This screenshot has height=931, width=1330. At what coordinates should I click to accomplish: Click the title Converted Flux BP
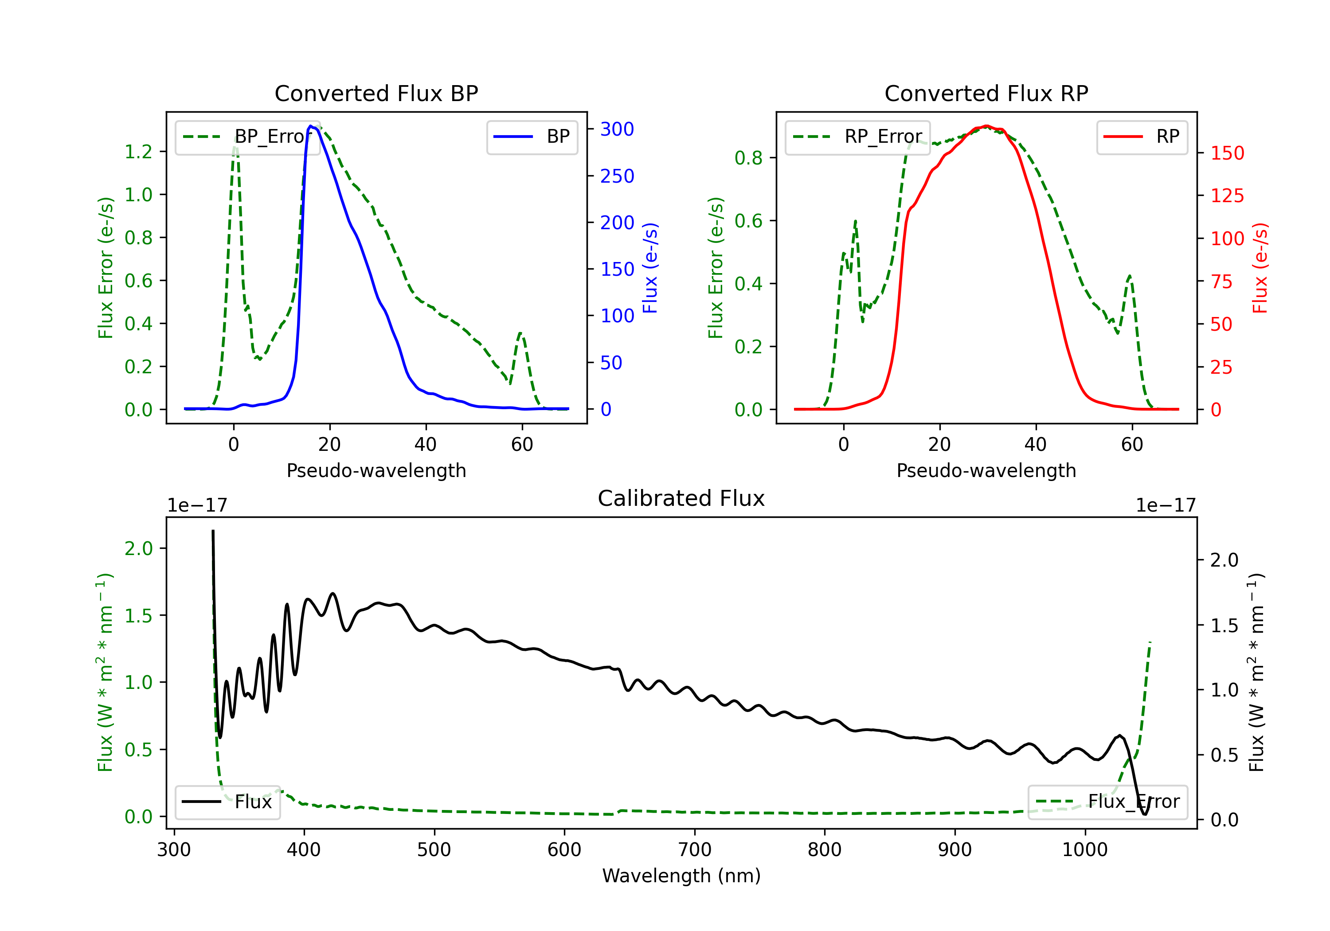pyautogui.click(x=376, y=93)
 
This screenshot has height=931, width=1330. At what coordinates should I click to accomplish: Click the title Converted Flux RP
pyautogui.click(x=986, y=93)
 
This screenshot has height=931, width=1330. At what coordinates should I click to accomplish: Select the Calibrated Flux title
pyautogui.click(x=681, y=498)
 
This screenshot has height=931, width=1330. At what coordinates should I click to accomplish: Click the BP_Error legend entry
pyautogui.click(x=247, y=137)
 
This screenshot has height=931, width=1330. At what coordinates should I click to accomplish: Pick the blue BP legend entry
pyautogui.click(x=532, y=137)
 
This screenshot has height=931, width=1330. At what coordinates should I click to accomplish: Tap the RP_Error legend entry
pyautogui.click(x=857, y=137)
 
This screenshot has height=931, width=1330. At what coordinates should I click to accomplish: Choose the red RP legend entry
pyautogui.click(x=1142, y=137)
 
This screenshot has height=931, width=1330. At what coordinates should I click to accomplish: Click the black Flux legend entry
pyautogui.click(x=227, y=802)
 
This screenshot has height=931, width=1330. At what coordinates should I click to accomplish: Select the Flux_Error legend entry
pyautogui.click(x=1107, y=802)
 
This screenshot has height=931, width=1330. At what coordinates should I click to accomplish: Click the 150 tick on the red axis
pyautogui.click(x=1227, y=153)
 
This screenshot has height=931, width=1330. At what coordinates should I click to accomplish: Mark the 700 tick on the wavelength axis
pyautogui.click(x=694, y=850)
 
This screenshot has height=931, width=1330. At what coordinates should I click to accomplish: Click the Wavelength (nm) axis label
pyautogui.click(x=681, y=876)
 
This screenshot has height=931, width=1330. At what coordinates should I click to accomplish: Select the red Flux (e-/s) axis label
pyautogui.click(x=1260, y=268)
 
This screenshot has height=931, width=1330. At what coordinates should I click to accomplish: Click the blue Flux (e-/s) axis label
pyautogui.click(x=650, y=268)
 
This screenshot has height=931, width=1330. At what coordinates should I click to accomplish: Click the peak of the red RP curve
pyautogui.click(x=986, y=126)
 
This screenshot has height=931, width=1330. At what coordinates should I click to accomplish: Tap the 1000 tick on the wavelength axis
pyautogui.click(x=1084, y=850)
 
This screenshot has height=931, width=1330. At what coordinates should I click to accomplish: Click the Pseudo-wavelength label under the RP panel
pyautogui.click(x=986, y=470)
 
